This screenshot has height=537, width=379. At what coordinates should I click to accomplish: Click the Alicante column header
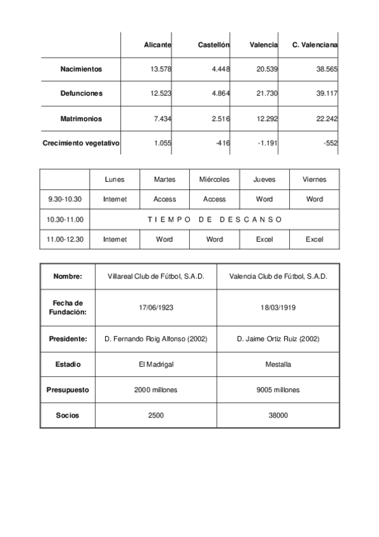tap(158, 46)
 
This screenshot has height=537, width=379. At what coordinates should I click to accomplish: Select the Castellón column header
tap(214, 46)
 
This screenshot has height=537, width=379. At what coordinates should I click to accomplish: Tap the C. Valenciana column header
tap(315, 46)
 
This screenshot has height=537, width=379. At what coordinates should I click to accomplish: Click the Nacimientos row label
tap(81, 68)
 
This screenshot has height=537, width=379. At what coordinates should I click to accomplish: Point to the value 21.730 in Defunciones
tap(266, 93)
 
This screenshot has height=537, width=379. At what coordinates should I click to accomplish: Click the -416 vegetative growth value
tap(222, 143)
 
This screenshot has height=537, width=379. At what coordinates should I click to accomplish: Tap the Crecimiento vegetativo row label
tap(81, 143)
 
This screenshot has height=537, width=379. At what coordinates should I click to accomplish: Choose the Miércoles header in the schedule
tap(214, 179)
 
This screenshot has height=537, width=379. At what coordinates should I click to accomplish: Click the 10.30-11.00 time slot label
tap(65, 219)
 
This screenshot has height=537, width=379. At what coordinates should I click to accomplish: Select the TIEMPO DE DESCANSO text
tap(214, 219)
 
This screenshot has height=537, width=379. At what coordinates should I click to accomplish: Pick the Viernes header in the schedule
tap(314, 179)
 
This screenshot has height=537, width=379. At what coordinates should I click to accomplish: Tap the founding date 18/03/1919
tap(278, 308)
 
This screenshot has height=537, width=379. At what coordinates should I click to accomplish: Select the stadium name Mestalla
tap(278, 365)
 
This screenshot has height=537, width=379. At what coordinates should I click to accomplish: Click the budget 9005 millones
tap(278, 389)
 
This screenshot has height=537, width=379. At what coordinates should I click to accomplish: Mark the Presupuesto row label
tap(67, 389)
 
